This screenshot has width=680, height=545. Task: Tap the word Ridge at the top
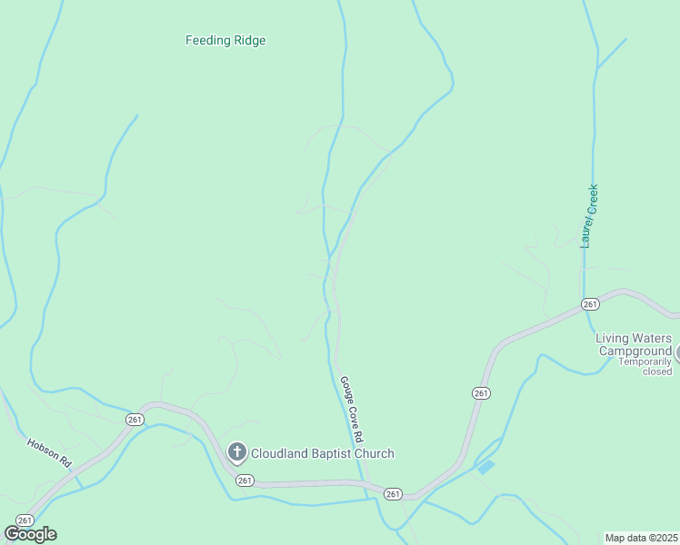coord(251,40)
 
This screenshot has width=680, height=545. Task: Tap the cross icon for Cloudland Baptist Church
coord(236,451)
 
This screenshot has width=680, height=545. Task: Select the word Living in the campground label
coord(613,338)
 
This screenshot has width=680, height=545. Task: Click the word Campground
coord(633,351)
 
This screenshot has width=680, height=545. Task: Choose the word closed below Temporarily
coord(656,372)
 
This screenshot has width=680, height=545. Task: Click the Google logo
coord(30,534)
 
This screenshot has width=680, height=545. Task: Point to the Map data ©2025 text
coord(642,538)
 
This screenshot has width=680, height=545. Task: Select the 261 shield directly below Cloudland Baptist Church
coord(244,480)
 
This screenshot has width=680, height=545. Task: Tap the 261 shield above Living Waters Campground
coord(590,303)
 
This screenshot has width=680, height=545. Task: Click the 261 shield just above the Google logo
coord(25,520)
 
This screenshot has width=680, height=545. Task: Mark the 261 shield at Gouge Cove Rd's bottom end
coord(392,493)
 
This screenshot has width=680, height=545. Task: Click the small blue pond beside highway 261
coord(485,467)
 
